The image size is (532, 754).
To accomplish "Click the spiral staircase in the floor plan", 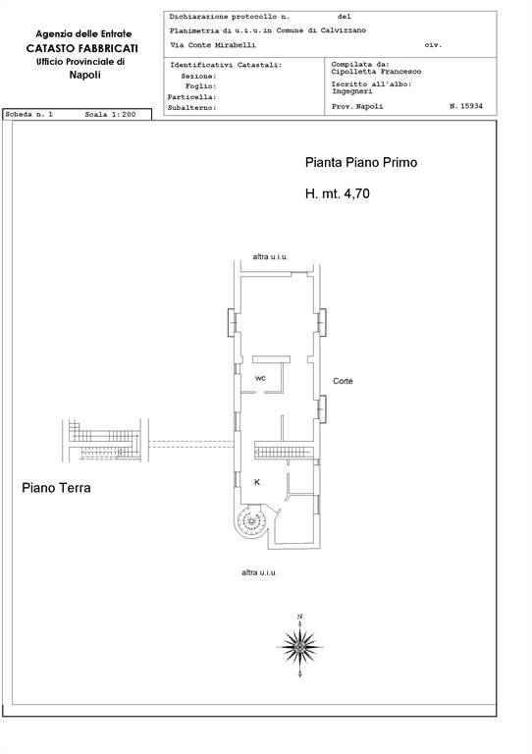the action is click(250, 520).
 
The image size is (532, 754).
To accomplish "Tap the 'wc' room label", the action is click(260, 378).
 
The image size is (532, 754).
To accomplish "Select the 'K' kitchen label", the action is click(257, 482).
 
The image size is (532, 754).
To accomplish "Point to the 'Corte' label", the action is click(343, 381).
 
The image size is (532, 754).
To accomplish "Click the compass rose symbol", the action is click(300, 647).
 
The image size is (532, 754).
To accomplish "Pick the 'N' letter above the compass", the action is click(300, 617).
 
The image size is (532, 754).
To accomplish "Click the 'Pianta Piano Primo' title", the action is click(361, 163).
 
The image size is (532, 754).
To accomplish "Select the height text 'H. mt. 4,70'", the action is click(338, 193).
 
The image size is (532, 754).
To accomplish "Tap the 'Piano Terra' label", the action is click(56, 488).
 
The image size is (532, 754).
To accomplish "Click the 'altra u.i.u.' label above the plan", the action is click(270, 257).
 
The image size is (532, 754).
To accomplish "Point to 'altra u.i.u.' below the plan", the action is click(259, 572).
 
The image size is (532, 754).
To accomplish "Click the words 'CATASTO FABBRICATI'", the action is click(82, 48).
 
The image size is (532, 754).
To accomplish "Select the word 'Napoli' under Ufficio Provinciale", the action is click(84, 75).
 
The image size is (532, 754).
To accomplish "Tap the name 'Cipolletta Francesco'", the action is click(376, 72).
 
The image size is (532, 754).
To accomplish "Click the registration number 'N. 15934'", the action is click(466, 106).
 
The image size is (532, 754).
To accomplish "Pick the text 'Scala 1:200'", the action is click(110, 115).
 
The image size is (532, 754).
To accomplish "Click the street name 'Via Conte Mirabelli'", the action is click(213, 45).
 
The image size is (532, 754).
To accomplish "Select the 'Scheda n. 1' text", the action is click(28, 115).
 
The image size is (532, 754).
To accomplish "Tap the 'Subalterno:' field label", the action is click(192, 108).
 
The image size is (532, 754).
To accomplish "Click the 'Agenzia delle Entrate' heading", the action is click(83, 34).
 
